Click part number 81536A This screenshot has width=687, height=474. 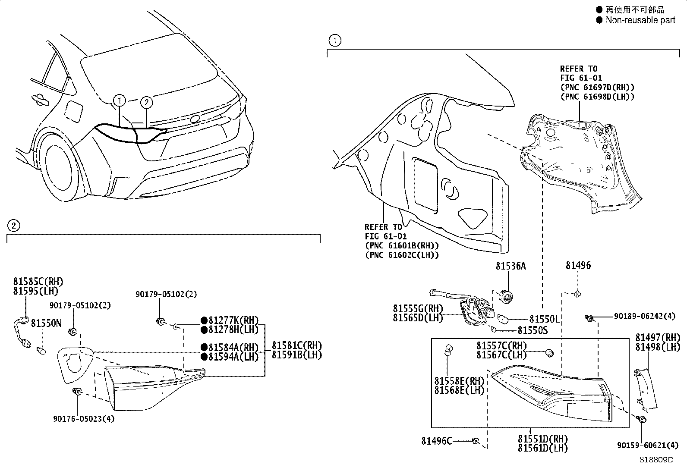[511, 266]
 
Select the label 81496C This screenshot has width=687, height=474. [437, 441]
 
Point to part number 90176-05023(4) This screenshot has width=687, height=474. [84, 418]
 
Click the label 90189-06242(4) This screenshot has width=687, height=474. [644, 316]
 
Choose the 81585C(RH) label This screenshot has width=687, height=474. [38, 282]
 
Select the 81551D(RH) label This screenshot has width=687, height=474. [543, 439]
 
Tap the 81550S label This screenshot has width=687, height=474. [533, 330]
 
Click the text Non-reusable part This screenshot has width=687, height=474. [640, 20]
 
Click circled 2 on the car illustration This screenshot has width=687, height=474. [147, 102]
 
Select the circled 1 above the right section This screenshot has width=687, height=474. [334, 41]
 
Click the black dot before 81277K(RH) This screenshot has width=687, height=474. [204, 321]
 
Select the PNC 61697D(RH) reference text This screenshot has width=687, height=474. [597, 87]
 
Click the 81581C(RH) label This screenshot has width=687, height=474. [297, 345]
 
